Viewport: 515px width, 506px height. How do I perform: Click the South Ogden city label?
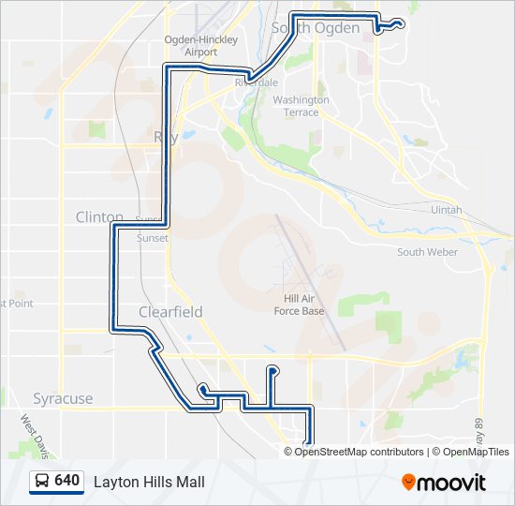pos(316,28)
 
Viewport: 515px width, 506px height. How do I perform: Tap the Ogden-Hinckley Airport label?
pos(200,46)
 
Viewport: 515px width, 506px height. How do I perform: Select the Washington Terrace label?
pos(302,106)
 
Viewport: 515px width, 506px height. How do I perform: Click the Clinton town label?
pos(99,216)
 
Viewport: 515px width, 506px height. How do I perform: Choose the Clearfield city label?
pos(170,311)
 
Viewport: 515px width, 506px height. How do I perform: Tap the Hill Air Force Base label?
pos(298,304)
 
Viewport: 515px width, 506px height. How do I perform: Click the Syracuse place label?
pos(63,398)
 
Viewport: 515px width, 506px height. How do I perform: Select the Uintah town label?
pos(447,210)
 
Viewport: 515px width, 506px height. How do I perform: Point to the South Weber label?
pos(427,252)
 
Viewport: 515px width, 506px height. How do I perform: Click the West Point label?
pos(17,304)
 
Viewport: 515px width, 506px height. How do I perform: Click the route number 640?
pos(66,481)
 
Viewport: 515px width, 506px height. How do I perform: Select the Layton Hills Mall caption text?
pos(149,482)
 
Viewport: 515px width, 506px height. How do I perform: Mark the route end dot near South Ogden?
pos(400,23)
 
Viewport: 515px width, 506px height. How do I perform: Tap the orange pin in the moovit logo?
pos(408,483)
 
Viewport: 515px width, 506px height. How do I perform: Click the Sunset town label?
pos(154,238)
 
